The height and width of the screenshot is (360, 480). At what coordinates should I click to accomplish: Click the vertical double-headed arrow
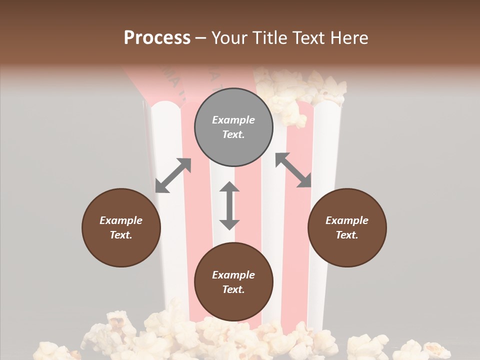tap(229, 205)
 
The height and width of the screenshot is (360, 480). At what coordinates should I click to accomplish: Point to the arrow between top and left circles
tap(173, 175)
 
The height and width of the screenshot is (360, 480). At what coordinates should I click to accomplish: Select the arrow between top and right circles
tap(293, 170)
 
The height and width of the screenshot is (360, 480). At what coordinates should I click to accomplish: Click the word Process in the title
tap(157, 38)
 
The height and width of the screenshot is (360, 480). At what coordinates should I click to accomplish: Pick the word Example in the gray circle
tap(233, 120)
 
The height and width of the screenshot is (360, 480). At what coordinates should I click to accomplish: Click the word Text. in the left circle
tap(121, 235)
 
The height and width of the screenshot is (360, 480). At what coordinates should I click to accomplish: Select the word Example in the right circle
tap(347, 220)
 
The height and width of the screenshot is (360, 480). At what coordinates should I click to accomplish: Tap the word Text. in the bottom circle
tap(233, 289)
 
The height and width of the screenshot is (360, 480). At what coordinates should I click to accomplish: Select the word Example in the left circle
tap(121, 220)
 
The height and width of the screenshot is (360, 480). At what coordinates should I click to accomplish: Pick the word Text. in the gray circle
tap(233, 134)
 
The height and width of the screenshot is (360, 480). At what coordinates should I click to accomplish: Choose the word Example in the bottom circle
tap(233, 275)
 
